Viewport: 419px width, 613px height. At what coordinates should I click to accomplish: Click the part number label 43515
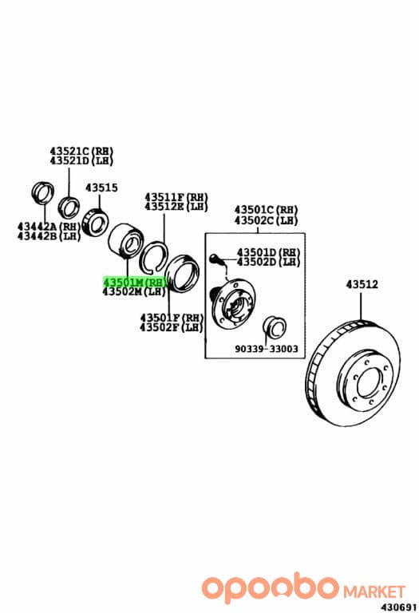click(x=101, y=188)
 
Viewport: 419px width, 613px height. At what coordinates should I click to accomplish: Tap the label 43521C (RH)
click(x=81, y=151)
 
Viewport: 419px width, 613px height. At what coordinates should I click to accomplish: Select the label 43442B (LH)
click(x=49, y=236)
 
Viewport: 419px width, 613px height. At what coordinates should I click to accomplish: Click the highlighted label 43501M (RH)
click(x=134, y=282)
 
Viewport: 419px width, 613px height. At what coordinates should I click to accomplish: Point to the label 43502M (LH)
click(x=134, y=291)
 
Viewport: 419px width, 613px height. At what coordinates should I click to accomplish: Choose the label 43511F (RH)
click(x=176, y=196)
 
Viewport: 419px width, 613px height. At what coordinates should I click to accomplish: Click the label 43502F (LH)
click(x=172, y=327)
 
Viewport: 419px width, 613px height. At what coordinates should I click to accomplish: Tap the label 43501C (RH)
click(x=267, y=211)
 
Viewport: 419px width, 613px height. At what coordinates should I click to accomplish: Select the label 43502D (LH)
click(x=268, y=262)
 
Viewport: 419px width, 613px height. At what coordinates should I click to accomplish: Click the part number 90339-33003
click(x=267, y=349)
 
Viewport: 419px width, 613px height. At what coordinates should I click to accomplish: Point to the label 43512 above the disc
click(x=362, y=285)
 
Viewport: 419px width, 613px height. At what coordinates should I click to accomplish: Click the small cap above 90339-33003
click(x=274, y=326)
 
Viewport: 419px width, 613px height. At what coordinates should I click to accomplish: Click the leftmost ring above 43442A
click(x=42, y=192)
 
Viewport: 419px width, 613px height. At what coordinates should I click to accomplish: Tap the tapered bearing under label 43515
click(x=96, y=222)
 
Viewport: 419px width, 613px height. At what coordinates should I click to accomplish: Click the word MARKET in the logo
click(x=374, y=591)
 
